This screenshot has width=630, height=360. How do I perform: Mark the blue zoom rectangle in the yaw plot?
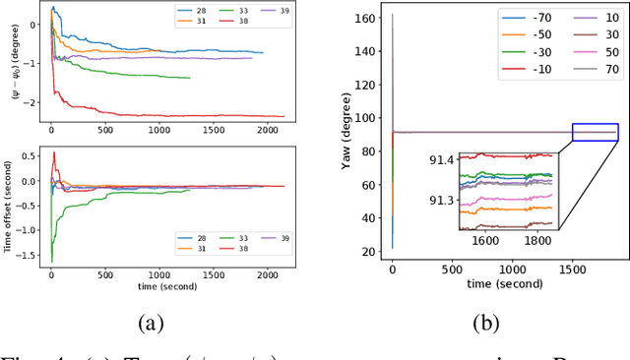click(595, 132)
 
